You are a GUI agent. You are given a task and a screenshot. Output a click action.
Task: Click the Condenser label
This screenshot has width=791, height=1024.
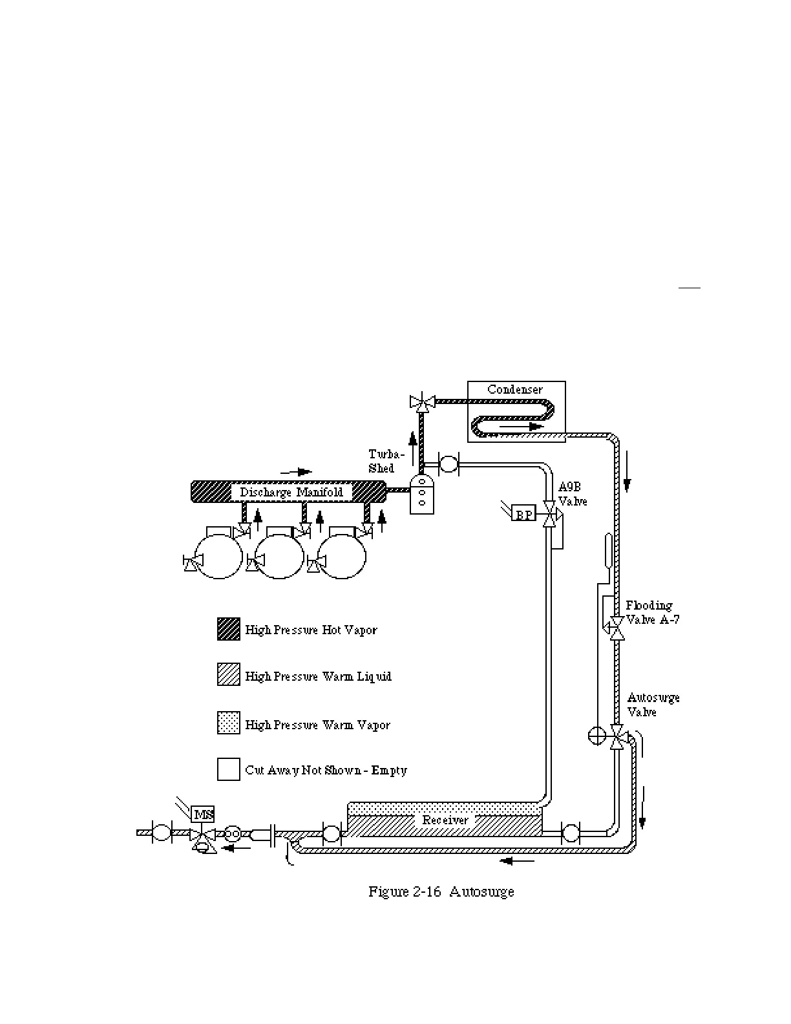(x=515, y=390)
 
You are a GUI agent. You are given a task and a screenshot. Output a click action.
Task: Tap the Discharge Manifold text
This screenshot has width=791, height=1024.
(x=291, y=493)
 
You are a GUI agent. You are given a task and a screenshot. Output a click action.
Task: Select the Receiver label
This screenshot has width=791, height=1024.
(x=445, y=820)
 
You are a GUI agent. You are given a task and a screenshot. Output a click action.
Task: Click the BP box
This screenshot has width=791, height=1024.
(x=524, y=515)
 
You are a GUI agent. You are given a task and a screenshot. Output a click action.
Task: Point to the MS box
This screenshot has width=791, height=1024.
(x=203, y=815)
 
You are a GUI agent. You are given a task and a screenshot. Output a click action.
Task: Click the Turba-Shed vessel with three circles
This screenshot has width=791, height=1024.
(x=422, y=495)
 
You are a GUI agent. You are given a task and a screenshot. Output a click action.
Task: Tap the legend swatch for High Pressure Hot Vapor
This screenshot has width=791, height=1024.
(x=229, y=629)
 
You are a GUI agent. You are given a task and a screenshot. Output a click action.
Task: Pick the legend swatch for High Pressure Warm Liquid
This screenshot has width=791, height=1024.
(x=229, y=675)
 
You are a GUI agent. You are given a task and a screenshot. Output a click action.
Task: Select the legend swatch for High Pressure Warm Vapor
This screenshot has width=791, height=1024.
(x=229, y=723)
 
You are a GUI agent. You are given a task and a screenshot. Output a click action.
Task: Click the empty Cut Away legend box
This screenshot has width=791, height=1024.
(x=229, y=769)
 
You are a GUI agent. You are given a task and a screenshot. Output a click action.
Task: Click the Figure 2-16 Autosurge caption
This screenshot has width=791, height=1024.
(x=441, y=892)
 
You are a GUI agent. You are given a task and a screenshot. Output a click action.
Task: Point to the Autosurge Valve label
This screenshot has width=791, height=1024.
(x=653, y=705)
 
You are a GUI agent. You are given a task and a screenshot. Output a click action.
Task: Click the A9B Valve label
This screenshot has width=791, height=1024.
(x=572, y=495)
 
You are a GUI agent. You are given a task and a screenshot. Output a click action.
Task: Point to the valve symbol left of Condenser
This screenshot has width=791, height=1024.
(x=423, y=401)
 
